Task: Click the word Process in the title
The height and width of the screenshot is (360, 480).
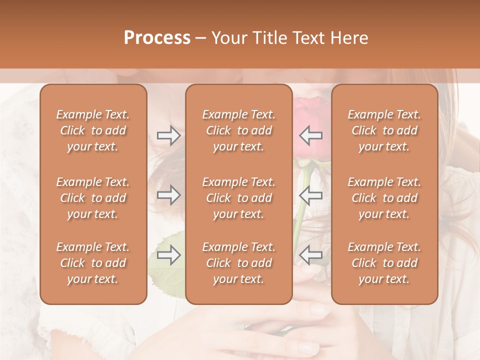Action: click(157, 38)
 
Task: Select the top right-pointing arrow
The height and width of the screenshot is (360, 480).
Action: click(168, 135)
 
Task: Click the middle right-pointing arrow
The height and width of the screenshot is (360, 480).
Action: click(168, 195)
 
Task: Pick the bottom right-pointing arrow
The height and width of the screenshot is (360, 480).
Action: click(168, 255)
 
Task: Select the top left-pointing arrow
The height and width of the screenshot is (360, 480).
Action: click(311, 135)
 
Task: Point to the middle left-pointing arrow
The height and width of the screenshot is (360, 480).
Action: click(311, 195)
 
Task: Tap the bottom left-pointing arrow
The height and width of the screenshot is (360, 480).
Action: click(311, 255)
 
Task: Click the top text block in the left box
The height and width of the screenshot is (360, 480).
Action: click(93, 130)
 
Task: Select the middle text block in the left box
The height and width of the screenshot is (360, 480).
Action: click(93, 198)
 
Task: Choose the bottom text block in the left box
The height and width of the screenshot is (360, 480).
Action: click(93, 263)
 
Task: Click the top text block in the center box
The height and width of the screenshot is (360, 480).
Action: click(238, 130)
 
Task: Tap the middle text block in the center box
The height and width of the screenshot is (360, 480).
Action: click(238, 198)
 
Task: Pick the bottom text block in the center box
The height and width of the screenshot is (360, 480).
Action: click(238, 263)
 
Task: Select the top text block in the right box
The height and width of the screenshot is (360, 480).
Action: click(384, 130)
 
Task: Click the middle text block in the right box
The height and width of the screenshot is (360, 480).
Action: click(384, 198)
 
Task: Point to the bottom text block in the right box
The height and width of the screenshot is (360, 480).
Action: click(384, 263)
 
